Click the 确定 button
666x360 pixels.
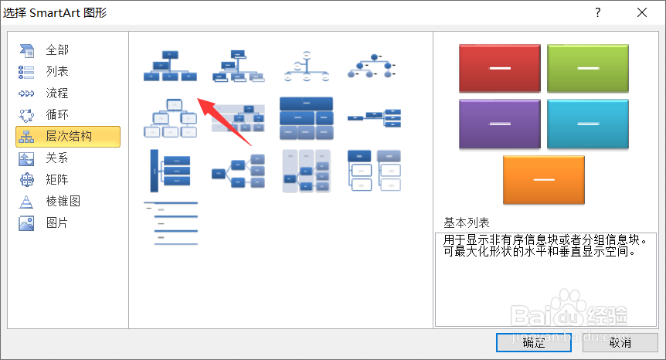tap(533, 342)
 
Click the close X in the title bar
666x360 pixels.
tap(642, 12)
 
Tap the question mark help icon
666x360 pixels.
tap(598, 12)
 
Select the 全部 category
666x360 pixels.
tap(56, 50)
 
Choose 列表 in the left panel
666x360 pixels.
tap(56, 72)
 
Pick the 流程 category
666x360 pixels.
tap(56, 93)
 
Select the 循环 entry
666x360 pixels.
tap(56, 115)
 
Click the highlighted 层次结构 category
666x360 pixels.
tap(68, 137)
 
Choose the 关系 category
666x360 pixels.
tap(56, 158)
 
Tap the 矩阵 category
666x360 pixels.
tap(56, 180)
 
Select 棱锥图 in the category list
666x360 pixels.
tap(63, 202)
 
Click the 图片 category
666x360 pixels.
tap(56, 223)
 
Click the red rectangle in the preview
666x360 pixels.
tap(500, 68)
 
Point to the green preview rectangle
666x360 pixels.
tap(588, 68)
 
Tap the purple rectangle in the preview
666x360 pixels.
tap(500, 124)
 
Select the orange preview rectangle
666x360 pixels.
tap(544, 179)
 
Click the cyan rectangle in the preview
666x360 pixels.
tap(588, 124)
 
